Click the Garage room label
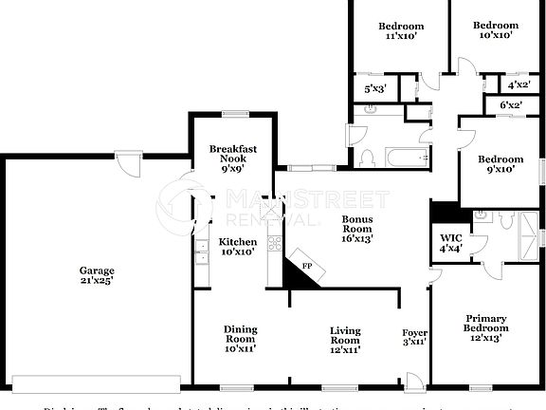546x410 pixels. [97, 276]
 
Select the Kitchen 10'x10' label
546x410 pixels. [238, 247]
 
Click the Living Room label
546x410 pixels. [345, 339]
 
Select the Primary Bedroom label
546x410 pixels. [484, 327]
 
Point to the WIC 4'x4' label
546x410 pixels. [450, 244]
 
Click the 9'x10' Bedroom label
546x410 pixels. [500, 164]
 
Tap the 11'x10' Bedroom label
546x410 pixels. [401, 30]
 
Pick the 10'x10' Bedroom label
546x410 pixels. [496, 29]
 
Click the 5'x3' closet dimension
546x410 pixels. [375, 89]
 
